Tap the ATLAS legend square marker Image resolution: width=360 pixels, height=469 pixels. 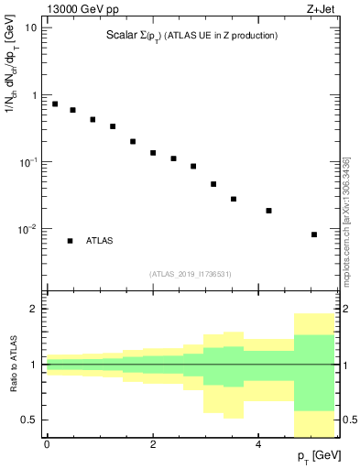tap(70, 241)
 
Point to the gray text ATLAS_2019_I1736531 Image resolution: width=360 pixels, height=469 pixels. tap(191, 274)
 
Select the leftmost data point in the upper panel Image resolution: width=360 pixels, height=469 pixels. tap(55, 104)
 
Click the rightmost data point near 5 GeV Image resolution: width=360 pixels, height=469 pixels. tap(314, 234)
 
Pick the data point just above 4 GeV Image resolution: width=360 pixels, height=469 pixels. tap(268, 211)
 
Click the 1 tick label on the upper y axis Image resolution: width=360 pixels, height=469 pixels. tap(35, 95)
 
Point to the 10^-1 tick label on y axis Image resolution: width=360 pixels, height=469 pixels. tap(29, 162)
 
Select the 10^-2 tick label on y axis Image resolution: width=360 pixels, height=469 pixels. tap(29, 229)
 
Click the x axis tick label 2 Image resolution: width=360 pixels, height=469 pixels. tap(152, 444)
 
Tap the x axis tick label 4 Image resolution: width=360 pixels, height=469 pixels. tap(257, 444)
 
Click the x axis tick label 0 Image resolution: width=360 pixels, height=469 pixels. tap(46, 444)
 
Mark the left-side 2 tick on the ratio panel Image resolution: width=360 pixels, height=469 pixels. tap(35, 310)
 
